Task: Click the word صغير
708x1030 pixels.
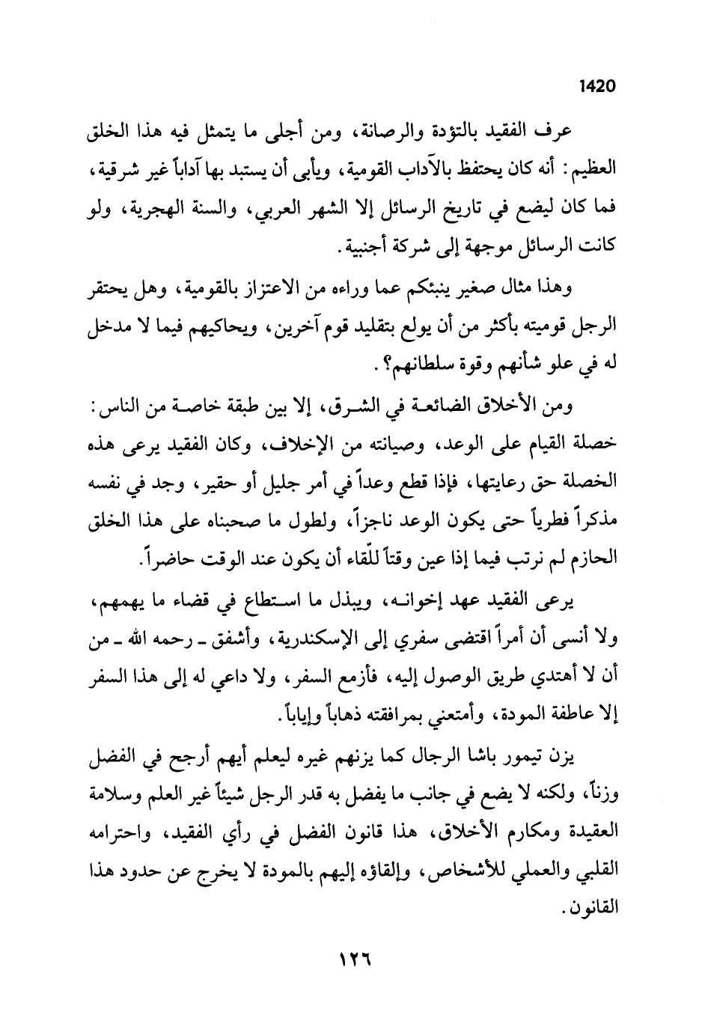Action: [x=446, y=288]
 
